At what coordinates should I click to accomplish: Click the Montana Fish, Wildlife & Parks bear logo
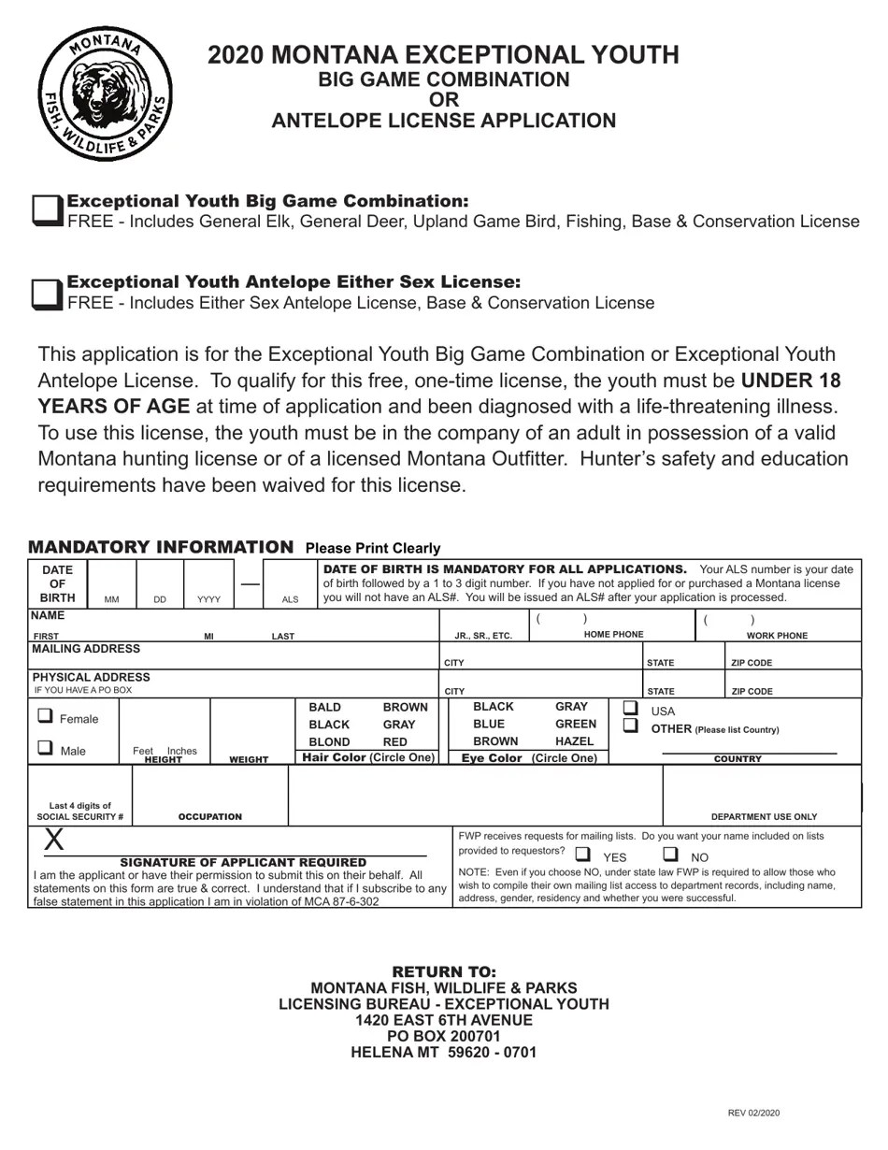[x=105, y=93]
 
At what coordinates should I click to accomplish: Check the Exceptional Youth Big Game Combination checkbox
[x=48, y=210]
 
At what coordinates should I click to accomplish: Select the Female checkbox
[x=45, y=716]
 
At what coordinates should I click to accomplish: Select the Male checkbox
[x=45, y=748]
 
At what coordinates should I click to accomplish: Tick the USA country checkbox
[x=631, y=709]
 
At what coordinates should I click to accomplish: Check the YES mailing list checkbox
[x=582, y=855]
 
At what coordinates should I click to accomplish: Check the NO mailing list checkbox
[x=670, y=855]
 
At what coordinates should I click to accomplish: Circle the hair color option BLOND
[x=329, y=741]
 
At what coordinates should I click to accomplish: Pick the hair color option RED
[x=394, y=741]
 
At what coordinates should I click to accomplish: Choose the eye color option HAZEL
[x=574, y=741]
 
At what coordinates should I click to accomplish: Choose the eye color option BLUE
[x=488, y=724]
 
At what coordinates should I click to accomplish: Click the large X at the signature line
[x=54, y=840]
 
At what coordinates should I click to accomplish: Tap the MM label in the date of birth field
[x=112, y=599]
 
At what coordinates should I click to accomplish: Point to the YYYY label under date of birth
[x=208, y=599]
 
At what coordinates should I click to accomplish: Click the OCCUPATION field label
[x=209, y=816]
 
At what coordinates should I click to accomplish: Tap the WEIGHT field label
[x=249, y=760]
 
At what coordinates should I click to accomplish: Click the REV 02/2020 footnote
[x=753, y=1113]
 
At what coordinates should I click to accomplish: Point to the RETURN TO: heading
[x=444, y=971]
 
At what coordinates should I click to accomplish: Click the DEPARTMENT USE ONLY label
[x=764, y=816]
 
